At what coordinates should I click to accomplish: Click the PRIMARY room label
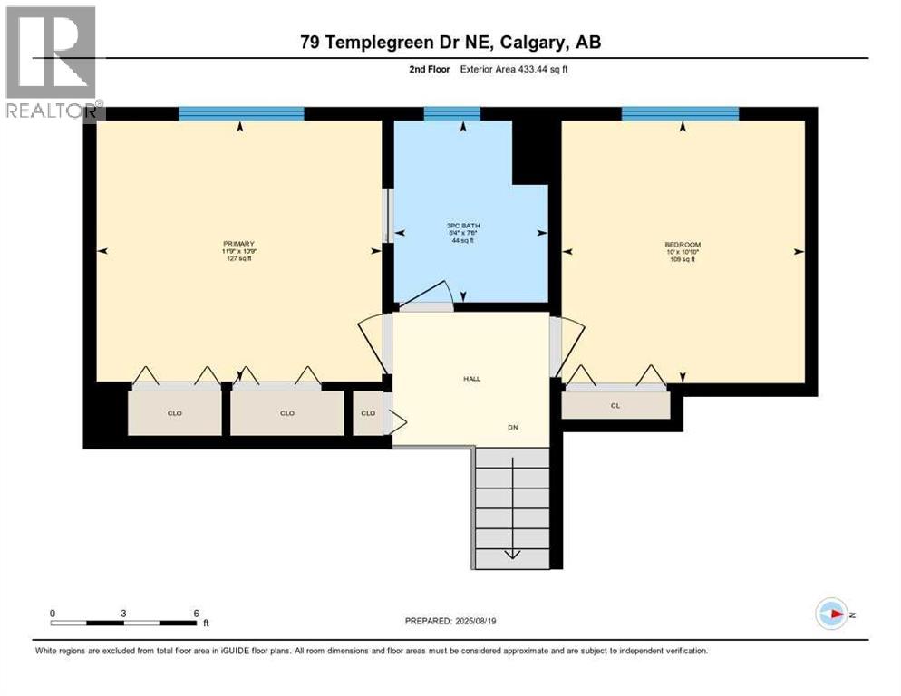coord(238,244)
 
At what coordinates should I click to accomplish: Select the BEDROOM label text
coord(682,245)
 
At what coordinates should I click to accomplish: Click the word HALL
coord(470,379)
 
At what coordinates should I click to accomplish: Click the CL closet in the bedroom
coord(615,405)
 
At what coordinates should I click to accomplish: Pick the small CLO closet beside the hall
coord(368,413)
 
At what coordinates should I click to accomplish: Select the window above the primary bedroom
coord(240,113)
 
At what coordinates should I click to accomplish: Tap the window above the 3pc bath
coord(451,113)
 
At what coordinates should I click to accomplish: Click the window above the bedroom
coord(679,113)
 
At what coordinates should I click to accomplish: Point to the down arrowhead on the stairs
coord(511,555)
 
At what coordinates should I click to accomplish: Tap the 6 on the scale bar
coord(195,614)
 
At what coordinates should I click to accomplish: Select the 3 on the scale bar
coord(122,614)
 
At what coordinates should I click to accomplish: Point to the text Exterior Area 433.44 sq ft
coord(515,68)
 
